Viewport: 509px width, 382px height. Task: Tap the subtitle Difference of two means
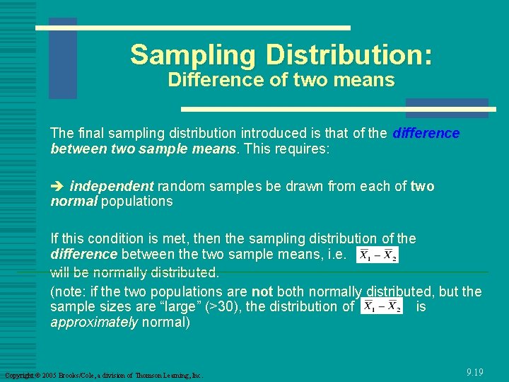coord(281,80)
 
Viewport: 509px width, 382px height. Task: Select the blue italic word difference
coord(426,133)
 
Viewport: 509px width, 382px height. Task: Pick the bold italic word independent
coord(112,186)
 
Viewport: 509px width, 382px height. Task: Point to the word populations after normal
coord(137,201)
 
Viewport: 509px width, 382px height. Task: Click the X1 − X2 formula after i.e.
coord(378,255)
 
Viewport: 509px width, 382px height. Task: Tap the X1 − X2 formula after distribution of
coord(382,306)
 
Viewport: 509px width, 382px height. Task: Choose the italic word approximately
coord(94,321)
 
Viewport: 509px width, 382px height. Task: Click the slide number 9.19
coord(475,372)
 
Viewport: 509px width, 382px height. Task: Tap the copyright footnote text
coord(103,375)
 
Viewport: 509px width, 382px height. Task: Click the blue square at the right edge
coord(466,107)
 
